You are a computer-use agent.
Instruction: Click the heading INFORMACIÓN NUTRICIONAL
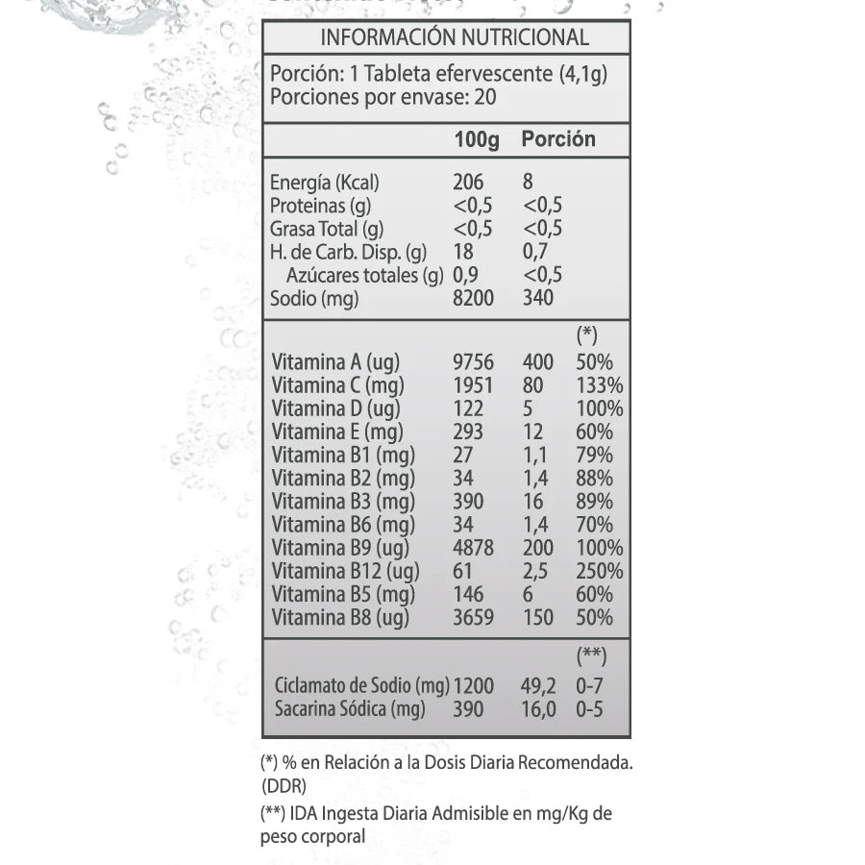click(x=454, y=37)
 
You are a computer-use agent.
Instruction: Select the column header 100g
click(x=477, y=139)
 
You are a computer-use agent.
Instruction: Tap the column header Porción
click(x=558, y=139)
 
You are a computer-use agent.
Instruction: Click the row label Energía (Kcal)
click(x=325, y=182)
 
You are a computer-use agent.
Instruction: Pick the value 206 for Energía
click(x=468, y=182)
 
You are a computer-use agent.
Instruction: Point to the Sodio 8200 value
click(x=473, y=298)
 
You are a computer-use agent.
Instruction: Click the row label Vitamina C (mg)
click(x=337, y=385)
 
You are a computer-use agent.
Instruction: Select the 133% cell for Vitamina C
click(x=600, y=385)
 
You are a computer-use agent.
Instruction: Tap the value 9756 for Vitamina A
click(x=473, y=362)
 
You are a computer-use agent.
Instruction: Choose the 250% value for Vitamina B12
click(x=600, y=571)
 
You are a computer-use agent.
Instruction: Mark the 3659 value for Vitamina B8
click(x=473, y=617)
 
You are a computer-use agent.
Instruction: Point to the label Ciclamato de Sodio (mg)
click(x=361, y=686)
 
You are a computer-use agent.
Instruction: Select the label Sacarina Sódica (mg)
click(x=349, y=709)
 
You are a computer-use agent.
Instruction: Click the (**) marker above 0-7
click(x=591, y=656)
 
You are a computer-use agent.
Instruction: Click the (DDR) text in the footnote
click(x=284, y=786)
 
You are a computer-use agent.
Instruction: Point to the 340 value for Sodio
click(x=538, y=298)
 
